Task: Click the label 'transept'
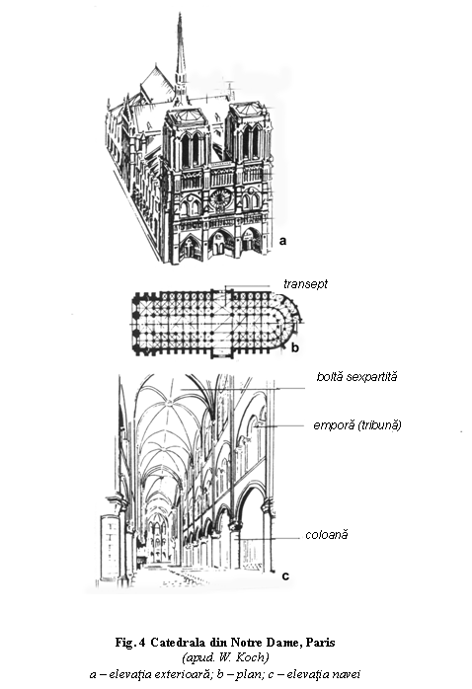[x=305, y=284]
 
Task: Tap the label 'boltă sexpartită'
[x=356, y=377]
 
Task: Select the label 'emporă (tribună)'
[x=357, y=425]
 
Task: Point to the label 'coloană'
[x=327, y=535]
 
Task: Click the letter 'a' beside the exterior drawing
[x=282, y=241]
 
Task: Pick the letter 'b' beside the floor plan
[x=295, y=347]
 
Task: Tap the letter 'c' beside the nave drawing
[x=285, y=575]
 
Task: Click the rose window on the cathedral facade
[x=220, y=198]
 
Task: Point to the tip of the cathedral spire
[x=180, y=13]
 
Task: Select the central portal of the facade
[x=221, y=244]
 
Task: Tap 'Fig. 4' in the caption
[x=130, y=643]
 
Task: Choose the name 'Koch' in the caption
[x=255, y=657]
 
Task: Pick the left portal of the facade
[x=190, y=248]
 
